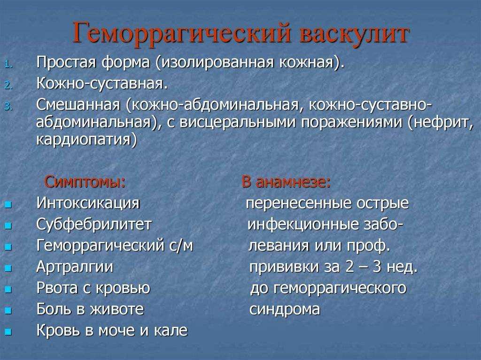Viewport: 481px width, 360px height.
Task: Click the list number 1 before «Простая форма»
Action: tap(9, 65)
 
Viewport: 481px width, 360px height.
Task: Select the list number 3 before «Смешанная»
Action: tap(9, 107)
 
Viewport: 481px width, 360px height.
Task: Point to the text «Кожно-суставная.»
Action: tap(102, 84)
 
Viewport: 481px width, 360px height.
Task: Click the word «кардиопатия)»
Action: tap(86, 140)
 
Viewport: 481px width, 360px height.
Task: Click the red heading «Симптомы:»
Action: tap(85, 182)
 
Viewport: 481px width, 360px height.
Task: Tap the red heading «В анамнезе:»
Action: tap(286, 182)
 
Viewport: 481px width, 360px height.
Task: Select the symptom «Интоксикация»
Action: tap(88, 203)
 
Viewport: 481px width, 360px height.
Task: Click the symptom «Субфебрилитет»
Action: tap(94, 224)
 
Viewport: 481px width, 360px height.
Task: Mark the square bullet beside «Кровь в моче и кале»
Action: tap(8, 331)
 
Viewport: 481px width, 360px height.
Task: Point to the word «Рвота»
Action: tap(57, 288)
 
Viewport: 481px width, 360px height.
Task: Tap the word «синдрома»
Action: tap(285, 309)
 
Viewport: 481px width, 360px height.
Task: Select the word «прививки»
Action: tap(284, 267)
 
